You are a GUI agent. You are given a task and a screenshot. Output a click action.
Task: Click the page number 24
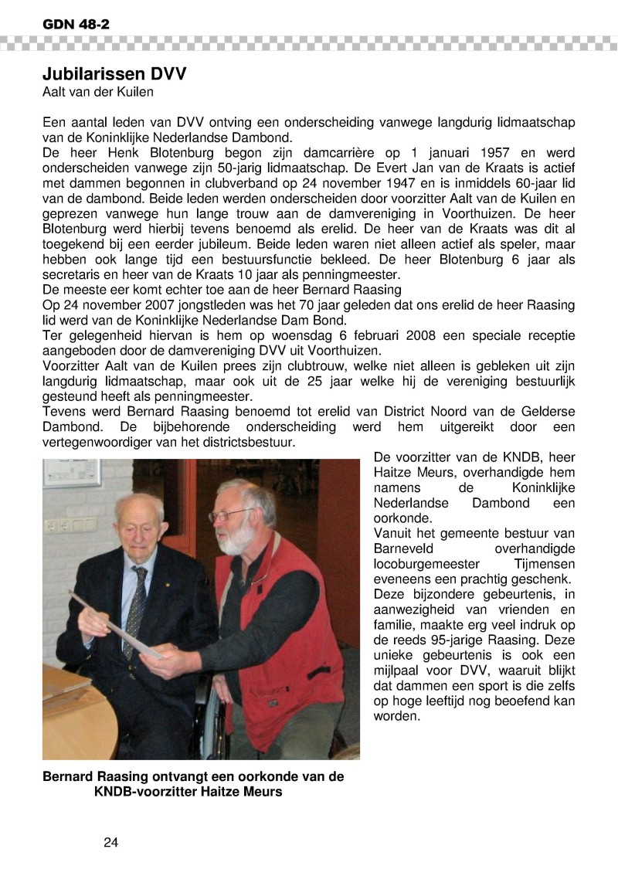pyautogui.click(x=110, y=842)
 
